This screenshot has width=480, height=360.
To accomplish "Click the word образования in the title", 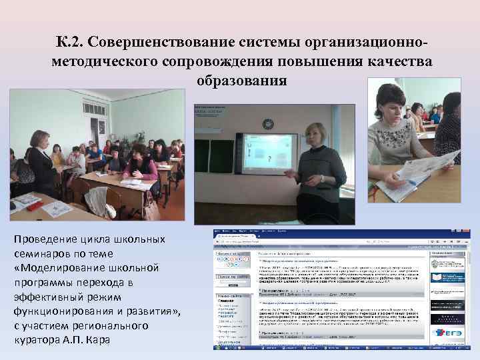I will point(241,81).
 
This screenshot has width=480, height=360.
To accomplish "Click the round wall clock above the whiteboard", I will point(269,124).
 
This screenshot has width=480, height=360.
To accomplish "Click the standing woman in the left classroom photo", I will point(41,163).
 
